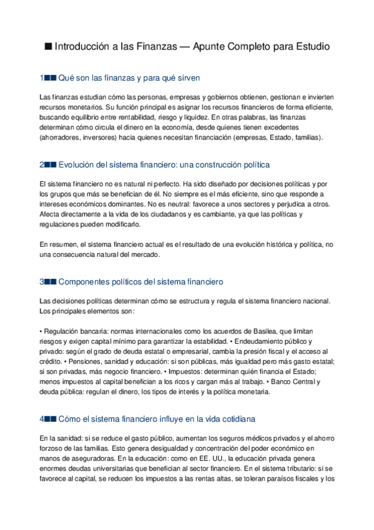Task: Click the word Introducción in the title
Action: tap(82, 46)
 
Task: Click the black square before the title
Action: tap(48, 46)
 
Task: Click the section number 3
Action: tap(41, 282)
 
